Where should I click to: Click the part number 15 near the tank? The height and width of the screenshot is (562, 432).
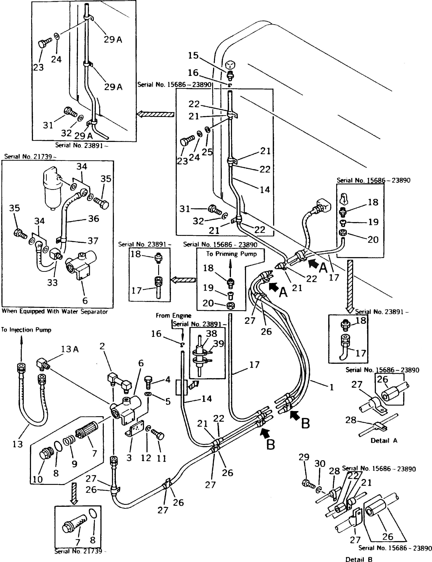(x=193, y=56)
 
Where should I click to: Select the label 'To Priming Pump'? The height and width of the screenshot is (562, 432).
(x=231, y=254)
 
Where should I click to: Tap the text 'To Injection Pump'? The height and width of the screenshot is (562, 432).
(x=26, y=330)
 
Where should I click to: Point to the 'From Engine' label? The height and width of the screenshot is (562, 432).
(x=173, y=316)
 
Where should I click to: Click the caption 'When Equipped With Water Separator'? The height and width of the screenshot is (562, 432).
(x=55, y=312)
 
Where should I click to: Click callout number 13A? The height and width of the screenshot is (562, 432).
(x=70, y=349)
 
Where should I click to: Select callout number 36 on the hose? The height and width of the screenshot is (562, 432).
(x=93, y=219)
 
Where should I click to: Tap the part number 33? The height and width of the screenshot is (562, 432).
(x=52, y=283)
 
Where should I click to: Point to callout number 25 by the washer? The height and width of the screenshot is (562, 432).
(x=207, y=152)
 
